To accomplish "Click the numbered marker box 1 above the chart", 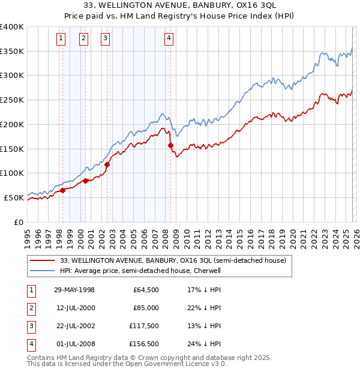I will (62, 39).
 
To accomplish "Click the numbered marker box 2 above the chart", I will (83, 39).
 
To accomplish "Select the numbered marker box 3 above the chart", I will (105, 39).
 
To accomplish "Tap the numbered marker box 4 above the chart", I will (169, 39).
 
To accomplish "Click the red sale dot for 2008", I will (171, 145).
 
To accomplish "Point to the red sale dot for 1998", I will (63, 190).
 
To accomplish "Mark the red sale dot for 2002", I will (107, 164).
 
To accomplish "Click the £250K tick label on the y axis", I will (11, 100).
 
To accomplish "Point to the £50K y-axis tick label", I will (14, 197).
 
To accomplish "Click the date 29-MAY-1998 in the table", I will (74, 290).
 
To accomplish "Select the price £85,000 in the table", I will (146, 308).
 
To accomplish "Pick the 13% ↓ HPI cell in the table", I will (205, 326).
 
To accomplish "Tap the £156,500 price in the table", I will (144, 344).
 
